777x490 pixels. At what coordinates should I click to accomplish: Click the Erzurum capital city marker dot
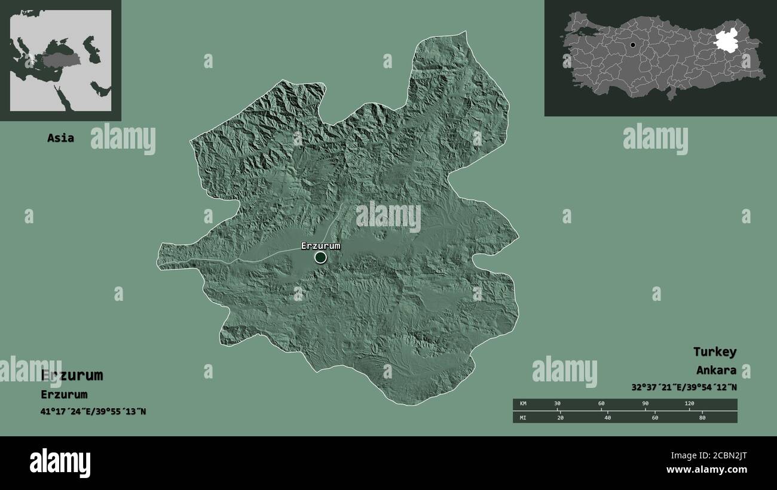[321, 257]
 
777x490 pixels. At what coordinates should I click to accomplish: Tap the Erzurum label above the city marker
[320, 246]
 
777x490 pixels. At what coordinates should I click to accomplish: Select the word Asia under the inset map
[61, 138]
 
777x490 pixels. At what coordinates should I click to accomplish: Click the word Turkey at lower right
[714, 352]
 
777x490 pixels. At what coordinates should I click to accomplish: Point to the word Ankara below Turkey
[715, 371]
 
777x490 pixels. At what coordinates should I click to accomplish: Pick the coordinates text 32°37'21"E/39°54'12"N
[684, 387]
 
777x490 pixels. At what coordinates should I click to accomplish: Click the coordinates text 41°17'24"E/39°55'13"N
[93, 412]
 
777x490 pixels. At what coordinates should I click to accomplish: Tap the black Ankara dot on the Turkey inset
[632, 45]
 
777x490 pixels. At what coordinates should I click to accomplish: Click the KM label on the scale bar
[524, 404]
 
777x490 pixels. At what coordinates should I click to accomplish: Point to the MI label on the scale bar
[524, 417]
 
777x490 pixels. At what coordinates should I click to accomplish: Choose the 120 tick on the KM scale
[689, 404]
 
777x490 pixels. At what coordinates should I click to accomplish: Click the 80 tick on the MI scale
[702, 417]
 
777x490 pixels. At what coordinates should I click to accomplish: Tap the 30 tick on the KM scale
[557, 404]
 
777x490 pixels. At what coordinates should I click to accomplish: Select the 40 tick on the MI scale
[607, 417]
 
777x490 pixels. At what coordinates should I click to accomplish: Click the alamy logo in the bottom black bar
[60, 463]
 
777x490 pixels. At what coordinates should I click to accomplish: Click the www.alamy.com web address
[706, 470]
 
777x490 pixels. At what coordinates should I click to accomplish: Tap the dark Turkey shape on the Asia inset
[60, 61]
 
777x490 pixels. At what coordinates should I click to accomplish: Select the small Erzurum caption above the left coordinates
[64, 395]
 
